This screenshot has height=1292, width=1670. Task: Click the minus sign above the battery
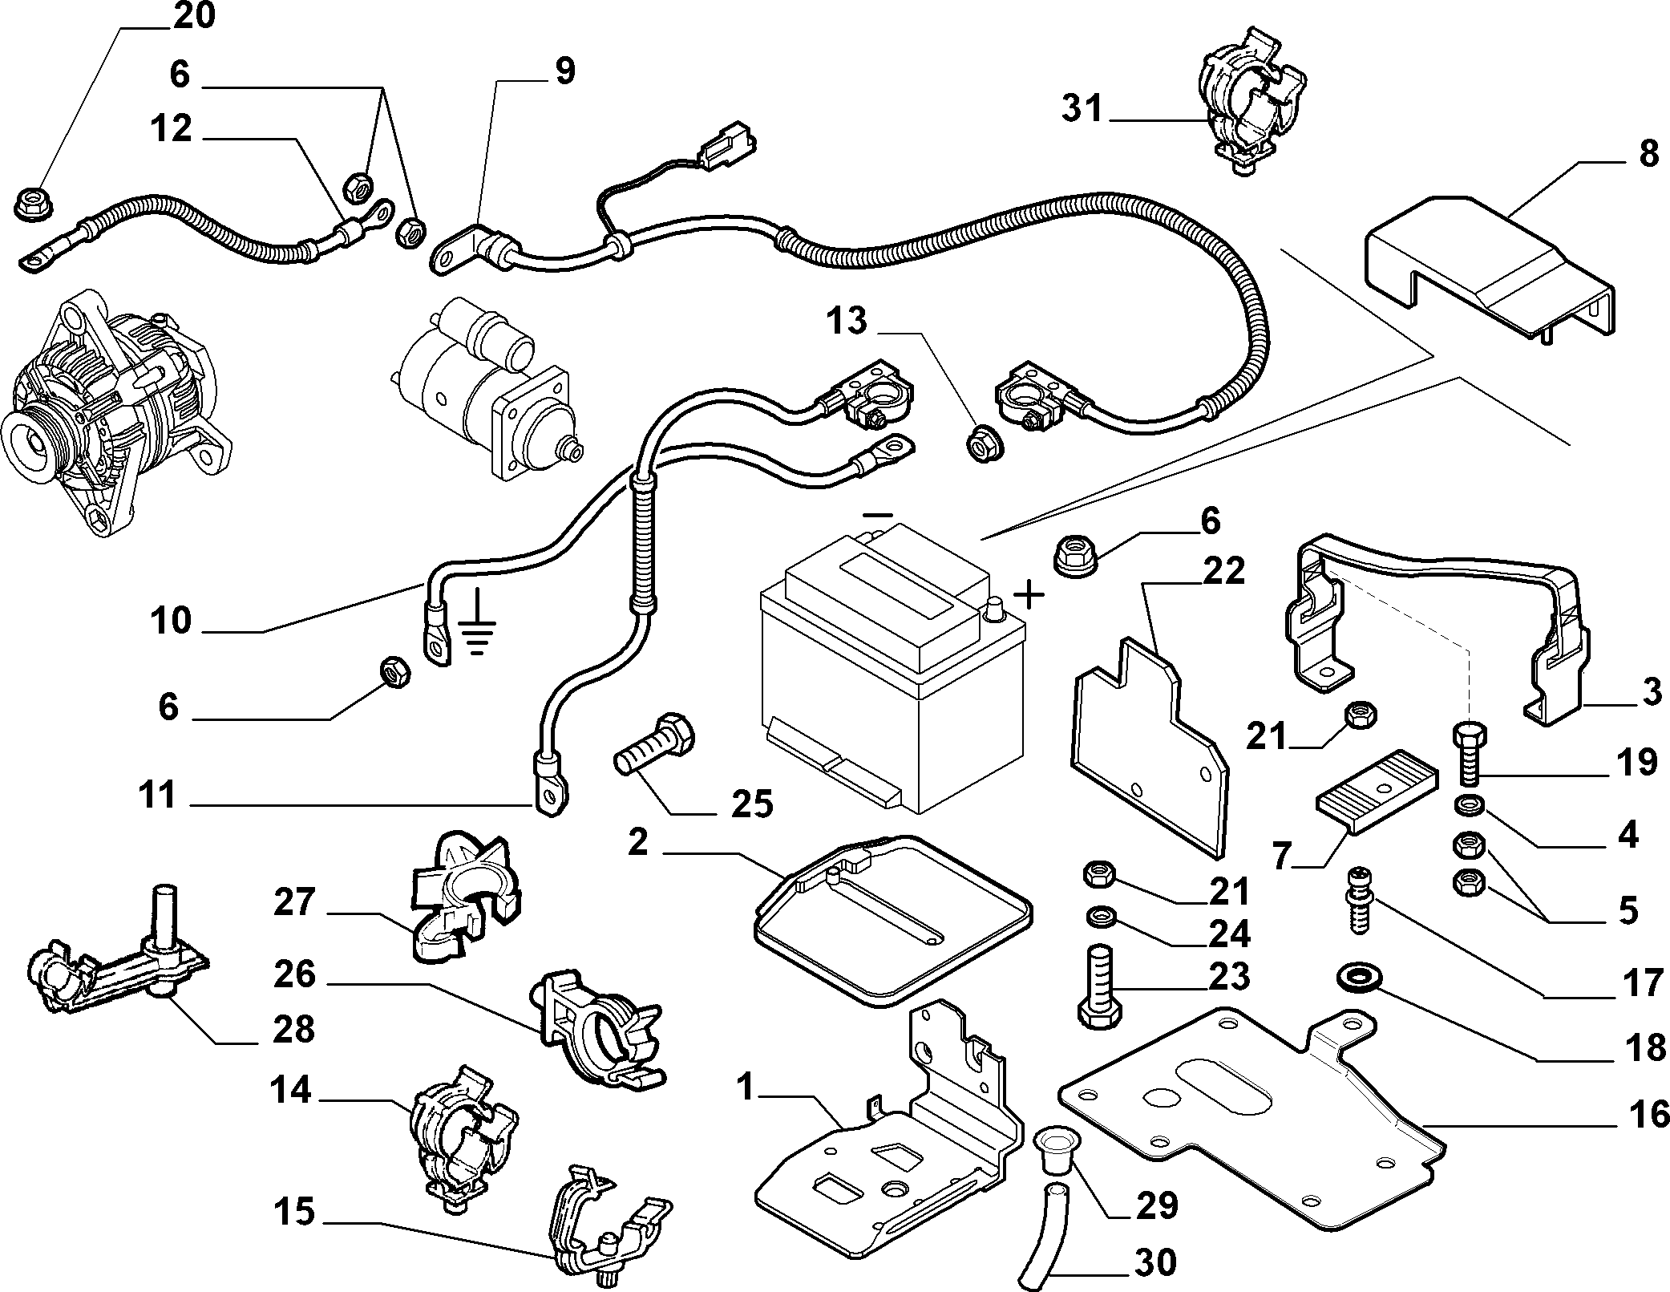tap(878, 515)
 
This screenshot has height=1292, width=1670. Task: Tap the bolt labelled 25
tap(655, 743)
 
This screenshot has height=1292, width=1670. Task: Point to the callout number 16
tap(1648, 1114)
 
